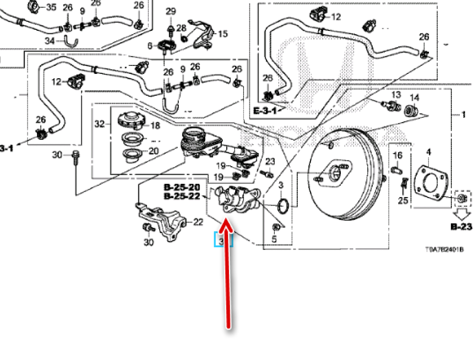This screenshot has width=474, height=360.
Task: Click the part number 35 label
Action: tap(51, 7)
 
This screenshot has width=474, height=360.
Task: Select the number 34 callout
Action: tap(50, 41)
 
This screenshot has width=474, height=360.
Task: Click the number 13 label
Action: tap(396, 95)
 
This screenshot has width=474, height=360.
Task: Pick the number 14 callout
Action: tap(414, 98)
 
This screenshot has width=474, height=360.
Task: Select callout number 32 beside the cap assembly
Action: tap(99, 124)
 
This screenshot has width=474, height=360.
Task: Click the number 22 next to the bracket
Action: tap(198, 222)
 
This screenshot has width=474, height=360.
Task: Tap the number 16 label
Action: tap(397, 155)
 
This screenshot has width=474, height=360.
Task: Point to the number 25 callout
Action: tap(402, 201)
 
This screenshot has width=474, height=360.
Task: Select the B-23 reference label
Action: tap(461, 227)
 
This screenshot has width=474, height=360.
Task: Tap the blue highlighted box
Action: tap(224, 239)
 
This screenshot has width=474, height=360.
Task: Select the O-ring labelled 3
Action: tap(283, 205)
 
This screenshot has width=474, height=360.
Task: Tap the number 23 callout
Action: tap(270, 162)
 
